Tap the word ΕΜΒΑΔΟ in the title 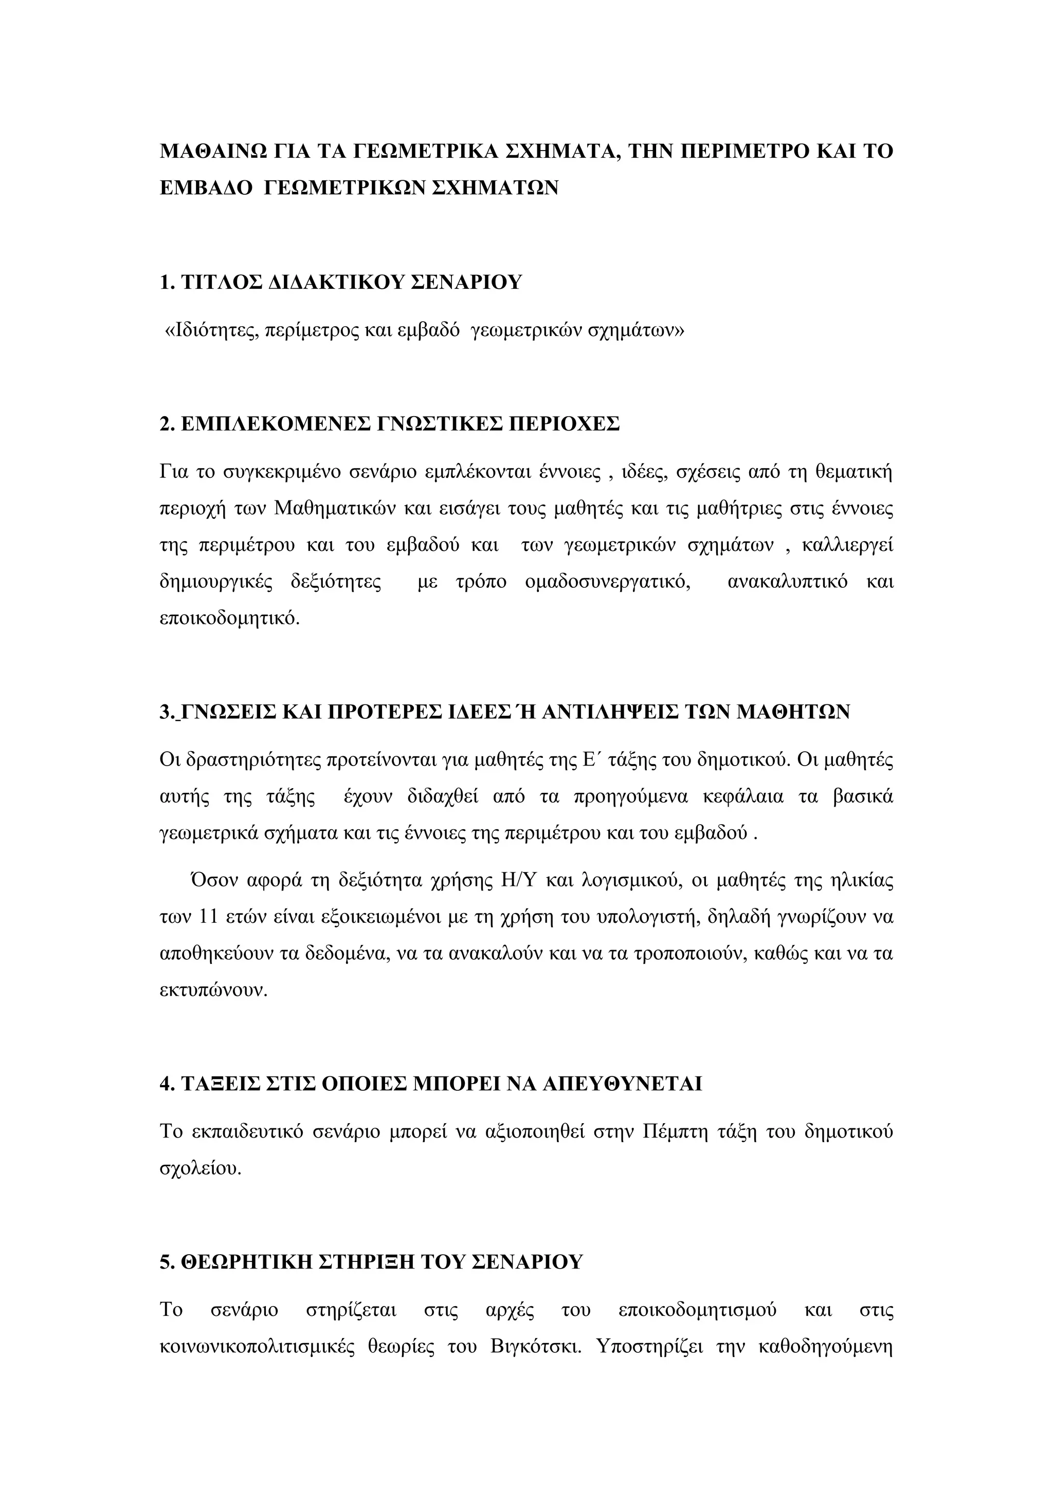click(206, 188)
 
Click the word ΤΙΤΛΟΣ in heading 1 click(221, 283)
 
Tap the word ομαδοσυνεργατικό click(607, 581)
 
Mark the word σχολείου click(200, 1168)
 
